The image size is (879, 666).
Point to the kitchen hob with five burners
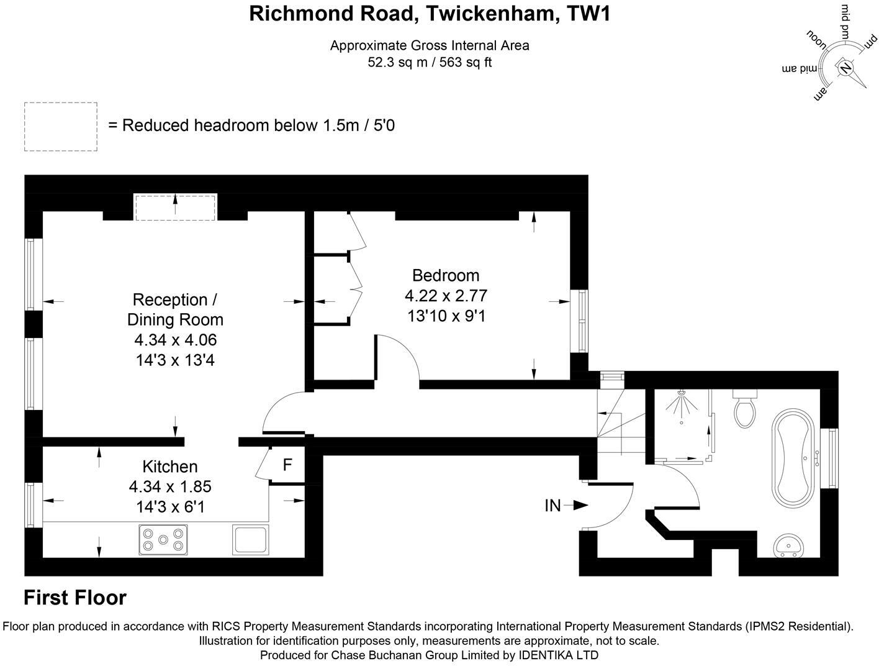click(163, 539)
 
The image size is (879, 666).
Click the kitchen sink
click(251, 539)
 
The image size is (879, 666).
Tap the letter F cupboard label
click(287, 465)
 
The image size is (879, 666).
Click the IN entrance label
click(552, 506)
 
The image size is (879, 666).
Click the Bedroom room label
click(446, 275)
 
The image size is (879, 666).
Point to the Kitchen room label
click(170, 467)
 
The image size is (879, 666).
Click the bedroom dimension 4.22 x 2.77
click(446, 296)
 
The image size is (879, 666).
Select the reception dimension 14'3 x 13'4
click(175, 360)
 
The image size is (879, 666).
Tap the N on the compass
click(845, 67)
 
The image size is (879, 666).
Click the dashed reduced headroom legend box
click(61, 126)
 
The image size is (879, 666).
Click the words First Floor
click(75, 598)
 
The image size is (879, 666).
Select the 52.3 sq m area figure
click(396, 62)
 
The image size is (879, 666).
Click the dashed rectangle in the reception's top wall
click(176, 207)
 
